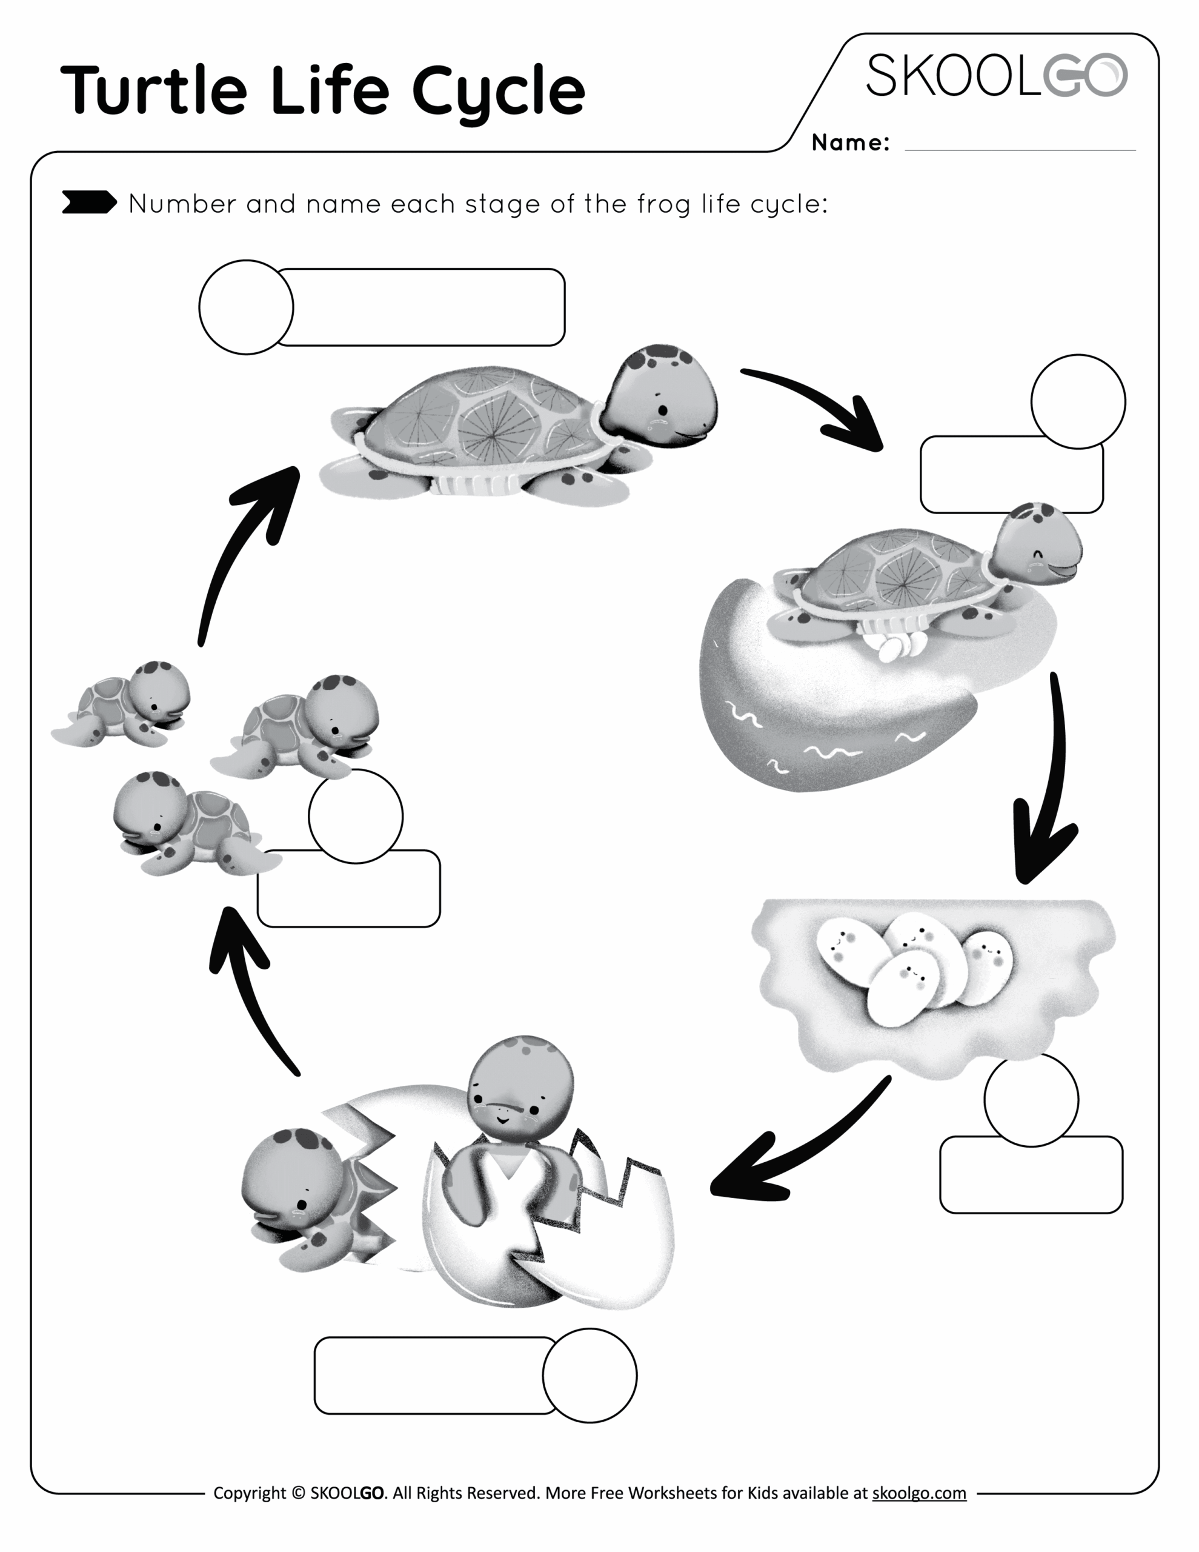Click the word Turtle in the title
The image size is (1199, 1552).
(153, 90)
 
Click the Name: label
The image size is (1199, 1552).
(850, 143)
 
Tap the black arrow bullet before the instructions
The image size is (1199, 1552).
(89, 202)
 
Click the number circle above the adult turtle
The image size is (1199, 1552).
(246, 307)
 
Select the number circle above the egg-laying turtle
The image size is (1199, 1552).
(1078, 401)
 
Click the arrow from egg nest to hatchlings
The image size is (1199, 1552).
(795, 1144)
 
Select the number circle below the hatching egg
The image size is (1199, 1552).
(589, 1375)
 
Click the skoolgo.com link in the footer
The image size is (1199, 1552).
(918, 1493)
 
